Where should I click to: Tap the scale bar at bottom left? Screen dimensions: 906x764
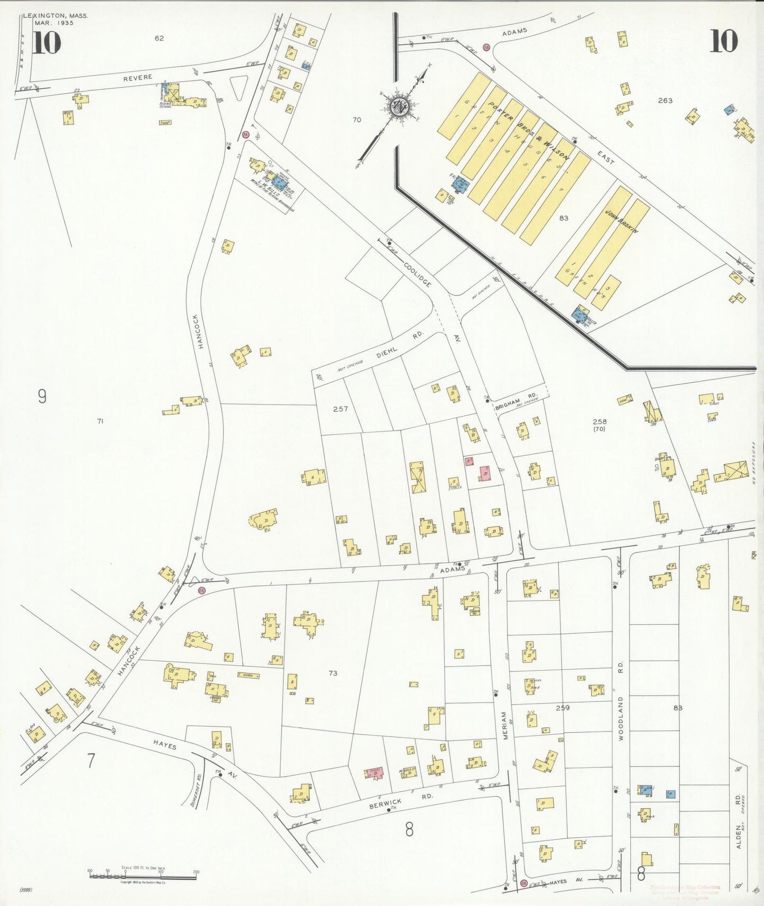[143, 876]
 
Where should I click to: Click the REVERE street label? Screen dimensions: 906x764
[137, 78]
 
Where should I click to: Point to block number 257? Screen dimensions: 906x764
[340, 409]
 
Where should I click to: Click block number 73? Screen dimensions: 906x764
[333, 673]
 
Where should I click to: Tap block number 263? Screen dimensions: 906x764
[665, 100]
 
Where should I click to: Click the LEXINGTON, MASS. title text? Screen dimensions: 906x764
[56, 16]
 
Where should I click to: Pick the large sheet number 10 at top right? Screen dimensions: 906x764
[723, 41]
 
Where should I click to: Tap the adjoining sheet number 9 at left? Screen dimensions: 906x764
[42, 396]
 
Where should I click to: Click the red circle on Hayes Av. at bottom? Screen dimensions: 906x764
[523, 883]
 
